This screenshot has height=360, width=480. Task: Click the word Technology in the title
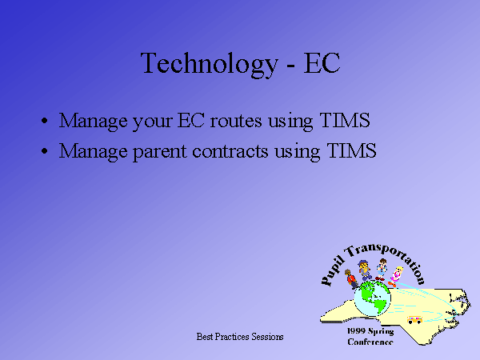[209, 64]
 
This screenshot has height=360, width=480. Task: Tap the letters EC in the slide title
[322, 62]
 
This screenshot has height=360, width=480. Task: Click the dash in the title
[291, 66]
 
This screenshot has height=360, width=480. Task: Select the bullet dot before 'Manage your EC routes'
[45, 120]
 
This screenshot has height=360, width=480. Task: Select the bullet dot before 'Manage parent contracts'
[45, 151]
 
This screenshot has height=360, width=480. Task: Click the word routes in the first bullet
[236, 121]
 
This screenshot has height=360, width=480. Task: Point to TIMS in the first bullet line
[345, 120]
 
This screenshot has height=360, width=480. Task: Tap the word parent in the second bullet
[160, 152]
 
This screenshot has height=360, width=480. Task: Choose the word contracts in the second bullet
[230, 151]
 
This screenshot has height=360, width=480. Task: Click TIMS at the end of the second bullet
[351, 150]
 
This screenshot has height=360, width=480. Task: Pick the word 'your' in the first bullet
[153, 122]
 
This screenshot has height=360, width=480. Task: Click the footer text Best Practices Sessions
[240, 337]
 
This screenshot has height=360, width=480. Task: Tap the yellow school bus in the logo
[414, 320]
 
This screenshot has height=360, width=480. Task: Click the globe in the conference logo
[373, 298]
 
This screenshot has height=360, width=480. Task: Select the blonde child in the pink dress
[395, 277]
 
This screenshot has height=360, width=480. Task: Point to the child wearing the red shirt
[350, 278]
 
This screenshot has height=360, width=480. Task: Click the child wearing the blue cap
[365, 270]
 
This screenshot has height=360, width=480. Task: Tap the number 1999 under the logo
[356, 331]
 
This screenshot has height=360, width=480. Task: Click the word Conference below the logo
[370, 342]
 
